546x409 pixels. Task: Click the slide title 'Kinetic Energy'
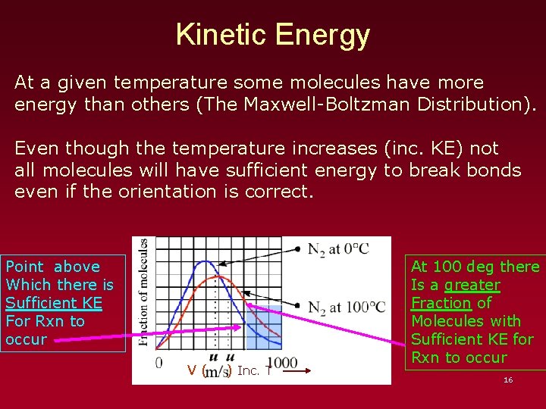[x=273, y=35]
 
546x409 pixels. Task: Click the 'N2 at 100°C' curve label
[x=347, y=307]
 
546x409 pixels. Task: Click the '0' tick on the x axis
[x=159, y=363]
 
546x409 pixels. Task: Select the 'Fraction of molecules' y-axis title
[x=143, y=292]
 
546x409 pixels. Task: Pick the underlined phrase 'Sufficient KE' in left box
[x=53, y=303]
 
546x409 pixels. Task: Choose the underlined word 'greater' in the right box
[x=472, y=285]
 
